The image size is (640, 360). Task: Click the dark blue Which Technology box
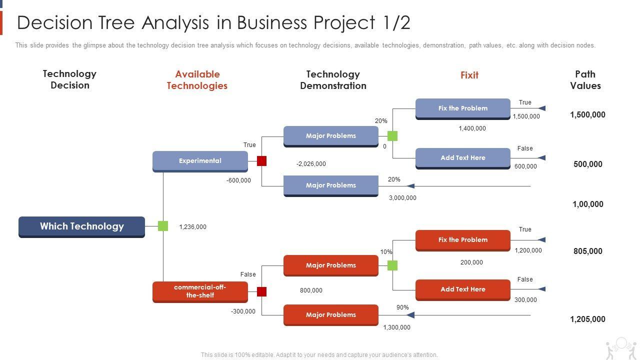[81, 226]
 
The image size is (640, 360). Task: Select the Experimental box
[200, 161]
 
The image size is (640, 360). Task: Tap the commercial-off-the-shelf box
[200, 291]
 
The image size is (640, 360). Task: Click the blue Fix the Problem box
[462, 108]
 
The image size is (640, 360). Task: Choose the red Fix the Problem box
[462, 240]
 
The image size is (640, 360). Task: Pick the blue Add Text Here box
[462, 158]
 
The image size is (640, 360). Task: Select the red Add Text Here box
[462, 289]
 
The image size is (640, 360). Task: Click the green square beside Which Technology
[163, 226]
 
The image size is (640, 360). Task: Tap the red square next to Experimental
[261, 161]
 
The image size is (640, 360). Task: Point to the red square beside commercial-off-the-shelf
[261, 291]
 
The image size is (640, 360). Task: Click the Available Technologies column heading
[197, 80]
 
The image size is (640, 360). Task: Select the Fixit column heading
[469, 75]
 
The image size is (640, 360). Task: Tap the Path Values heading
[585, 80]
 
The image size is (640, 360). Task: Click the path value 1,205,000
[587, 319]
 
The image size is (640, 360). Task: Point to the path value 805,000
[587, 251]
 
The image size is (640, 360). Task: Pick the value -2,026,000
[311, 164]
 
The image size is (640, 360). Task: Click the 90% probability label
[402, 307]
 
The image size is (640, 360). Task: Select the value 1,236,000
[192, 227]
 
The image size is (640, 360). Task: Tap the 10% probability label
[386, 252]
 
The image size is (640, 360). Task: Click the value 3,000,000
[402, 198]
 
